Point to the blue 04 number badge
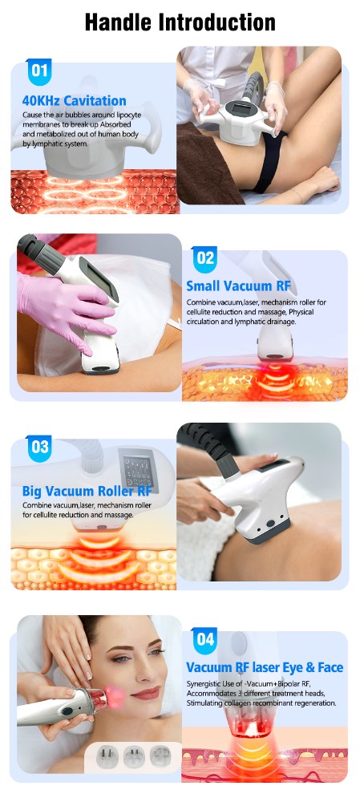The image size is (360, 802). tap(205, 640)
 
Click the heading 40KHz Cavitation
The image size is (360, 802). tap(74, 101)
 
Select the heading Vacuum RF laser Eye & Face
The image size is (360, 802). tap(265, 667)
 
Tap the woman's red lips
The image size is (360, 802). tap(146, 693)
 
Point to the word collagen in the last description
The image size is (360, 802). tap(242, 703)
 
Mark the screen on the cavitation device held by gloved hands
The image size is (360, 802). tap(243, 108)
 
